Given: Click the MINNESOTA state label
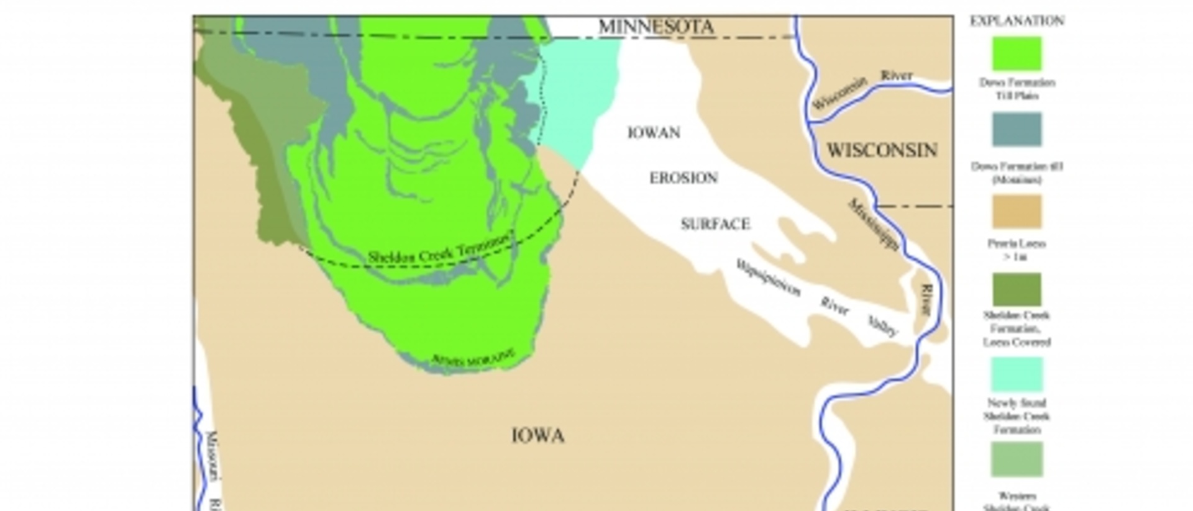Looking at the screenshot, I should tap(656, 27).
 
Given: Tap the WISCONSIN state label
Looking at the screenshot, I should tap(882, 150).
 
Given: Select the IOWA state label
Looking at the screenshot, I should tap(538, 436).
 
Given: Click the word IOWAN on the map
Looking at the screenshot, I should tap(654, 133).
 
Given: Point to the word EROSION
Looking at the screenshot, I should tap(683, 178).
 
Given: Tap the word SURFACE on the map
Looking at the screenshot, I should tap(715, 224).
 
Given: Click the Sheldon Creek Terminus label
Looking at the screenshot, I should tap(441, 248).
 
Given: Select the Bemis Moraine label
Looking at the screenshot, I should tap(473, 358).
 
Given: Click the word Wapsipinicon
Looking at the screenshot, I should tap(768, 278).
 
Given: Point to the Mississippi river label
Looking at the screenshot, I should tap(874, 225).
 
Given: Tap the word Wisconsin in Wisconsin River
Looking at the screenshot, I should tap(839, 95).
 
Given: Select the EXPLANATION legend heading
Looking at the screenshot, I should tap(1017, 21).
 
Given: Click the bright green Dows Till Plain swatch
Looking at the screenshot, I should tap(1017, 54).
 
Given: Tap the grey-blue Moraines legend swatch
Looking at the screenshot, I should tap(1017, 129).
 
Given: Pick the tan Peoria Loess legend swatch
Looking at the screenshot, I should tap(1017, 212).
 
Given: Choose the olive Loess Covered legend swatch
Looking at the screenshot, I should tap(1017, 289).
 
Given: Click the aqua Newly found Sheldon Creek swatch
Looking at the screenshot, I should tap(1017, 374).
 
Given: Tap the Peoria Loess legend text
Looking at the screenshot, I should tap(1017, 250).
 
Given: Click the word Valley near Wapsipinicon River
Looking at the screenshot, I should tap(882, 325).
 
